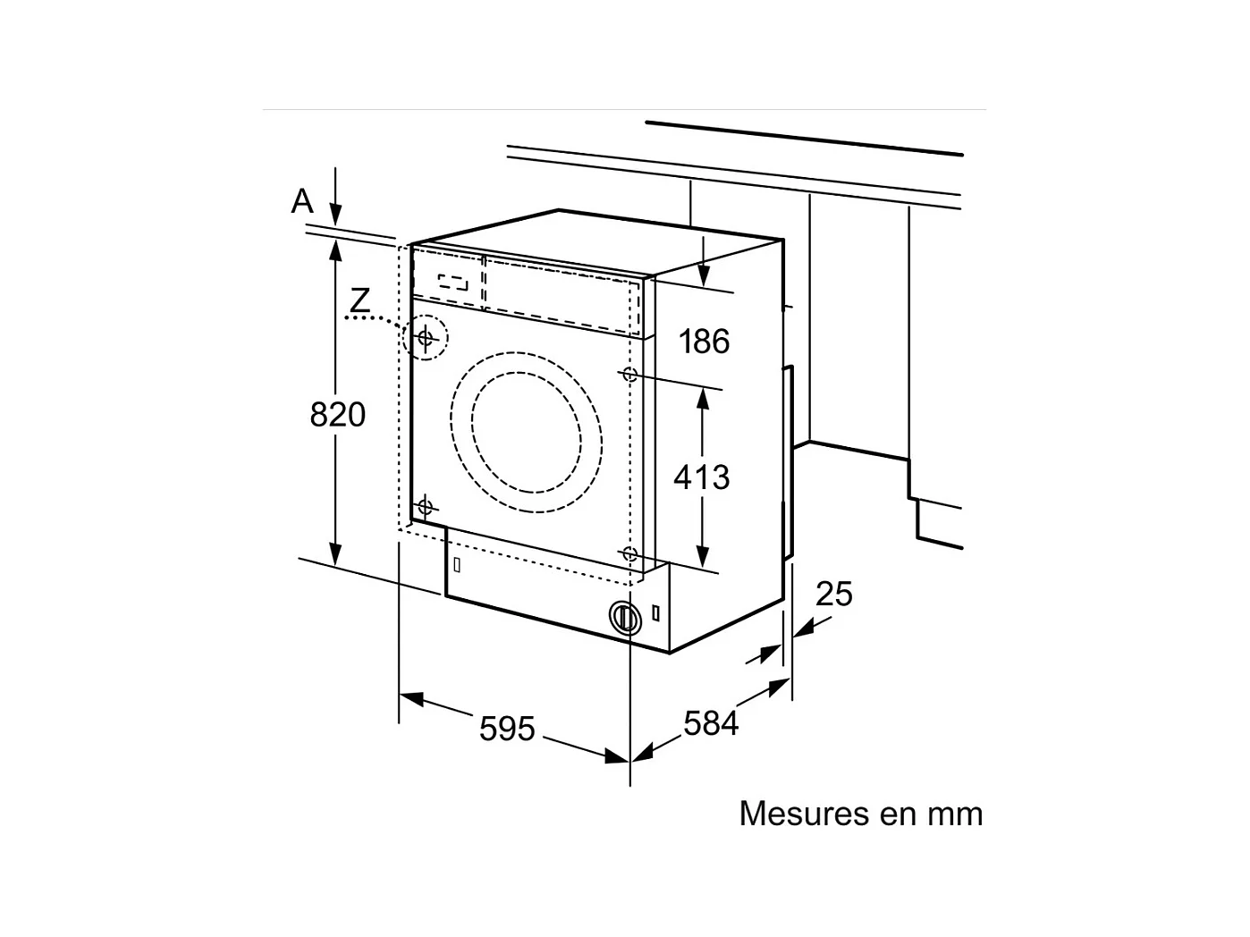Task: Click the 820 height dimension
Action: coord(338,415)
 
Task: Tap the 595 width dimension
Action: coord(507,729)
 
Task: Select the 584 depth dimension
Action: coord(711,722)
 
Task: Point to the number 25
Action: coord(834,594)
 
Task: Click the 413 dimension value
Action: coord(702,477)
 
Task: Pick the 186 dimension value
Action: coord(704,342)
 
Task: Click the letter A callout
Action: coord(303,201)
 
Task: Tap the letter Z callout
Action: coord(359,300)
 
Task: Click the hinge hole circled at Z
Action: coord(426,338)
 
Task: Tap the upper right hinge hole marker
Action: coord(629,374)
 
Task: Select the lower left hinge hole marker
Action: coord(425,507)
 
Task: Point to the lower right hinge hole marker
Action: coord(629,553)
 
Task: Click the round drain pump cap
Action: coord(625,617)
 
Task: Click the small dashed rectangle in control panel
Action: coord(453,282)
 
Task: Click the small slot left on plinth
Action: coord(457,564)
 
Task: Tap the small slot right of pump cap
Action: coord(657,613)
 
